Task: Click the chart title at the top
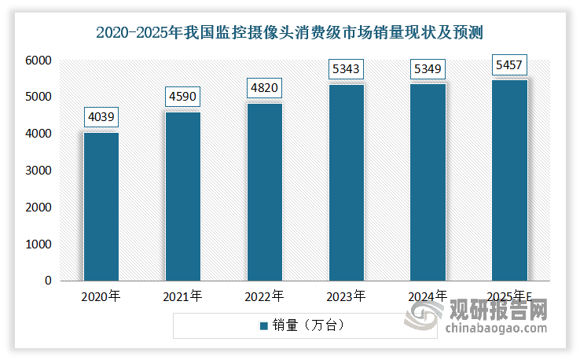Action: coord(290,32)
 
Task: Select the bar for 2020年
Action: coord(101,206)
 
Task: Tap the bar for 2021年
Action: coord(182,196)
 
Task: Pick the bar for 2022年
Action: coord(264,192)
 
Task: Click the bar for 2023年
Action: coord(346,182)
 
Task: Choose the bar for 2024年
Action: coord(428,182)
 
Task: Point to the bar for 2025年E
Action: coord(508,180)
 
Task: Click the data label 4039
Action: coord(101,119)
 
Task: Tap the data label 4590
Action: coord(182,98)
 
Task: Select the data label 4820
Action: coord(264,87)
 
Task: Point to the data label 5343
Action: coord(346,69)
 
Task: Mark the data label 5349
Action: coord(428,69)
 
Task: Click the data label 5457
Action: coord(508,63)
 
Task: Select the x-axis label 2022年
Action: coord(264,296)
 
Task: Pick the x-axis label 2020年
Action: coord(101,296)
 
